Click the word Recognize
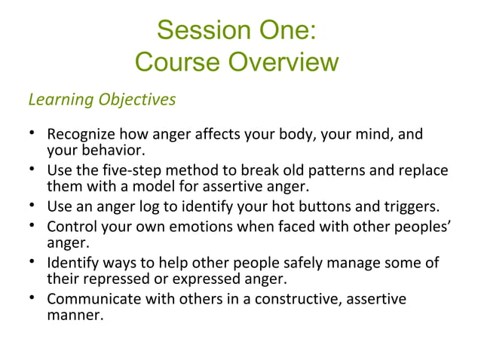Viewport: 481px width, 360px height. coord(81,136)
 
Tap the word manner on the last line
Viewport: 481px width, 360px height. coord(74,316)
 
